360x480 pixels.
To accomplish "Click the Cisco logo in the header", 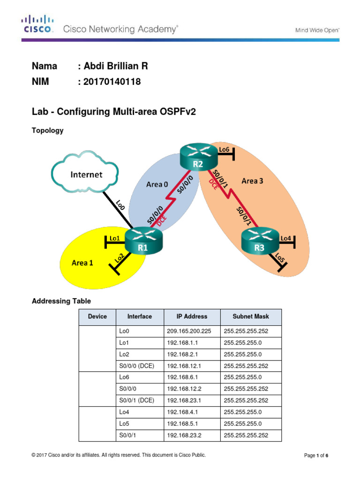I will tap(37, 24).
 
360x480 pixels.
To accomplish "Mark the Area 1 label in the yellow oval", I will tap(82, 263).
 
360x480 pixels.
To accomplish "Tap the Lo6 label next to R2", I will tap(225, 149).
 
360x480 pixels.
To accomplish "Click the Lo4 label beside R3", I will tap(286, 238).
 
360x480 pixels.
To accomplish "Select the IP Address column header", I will tap(192, 316).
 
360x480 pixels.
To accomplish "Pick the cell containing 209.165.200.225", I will tap(189, 331).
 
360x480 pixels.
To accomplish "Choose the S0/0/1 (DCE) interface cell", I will tap(137, 401).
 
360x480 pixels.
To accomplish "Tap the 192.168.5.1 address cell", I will tap(183, 424).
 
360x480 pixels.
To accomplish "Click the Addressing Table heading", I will tap(61, 301).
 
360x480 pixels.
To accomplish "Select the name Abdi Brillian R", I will tap(113, 66).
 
